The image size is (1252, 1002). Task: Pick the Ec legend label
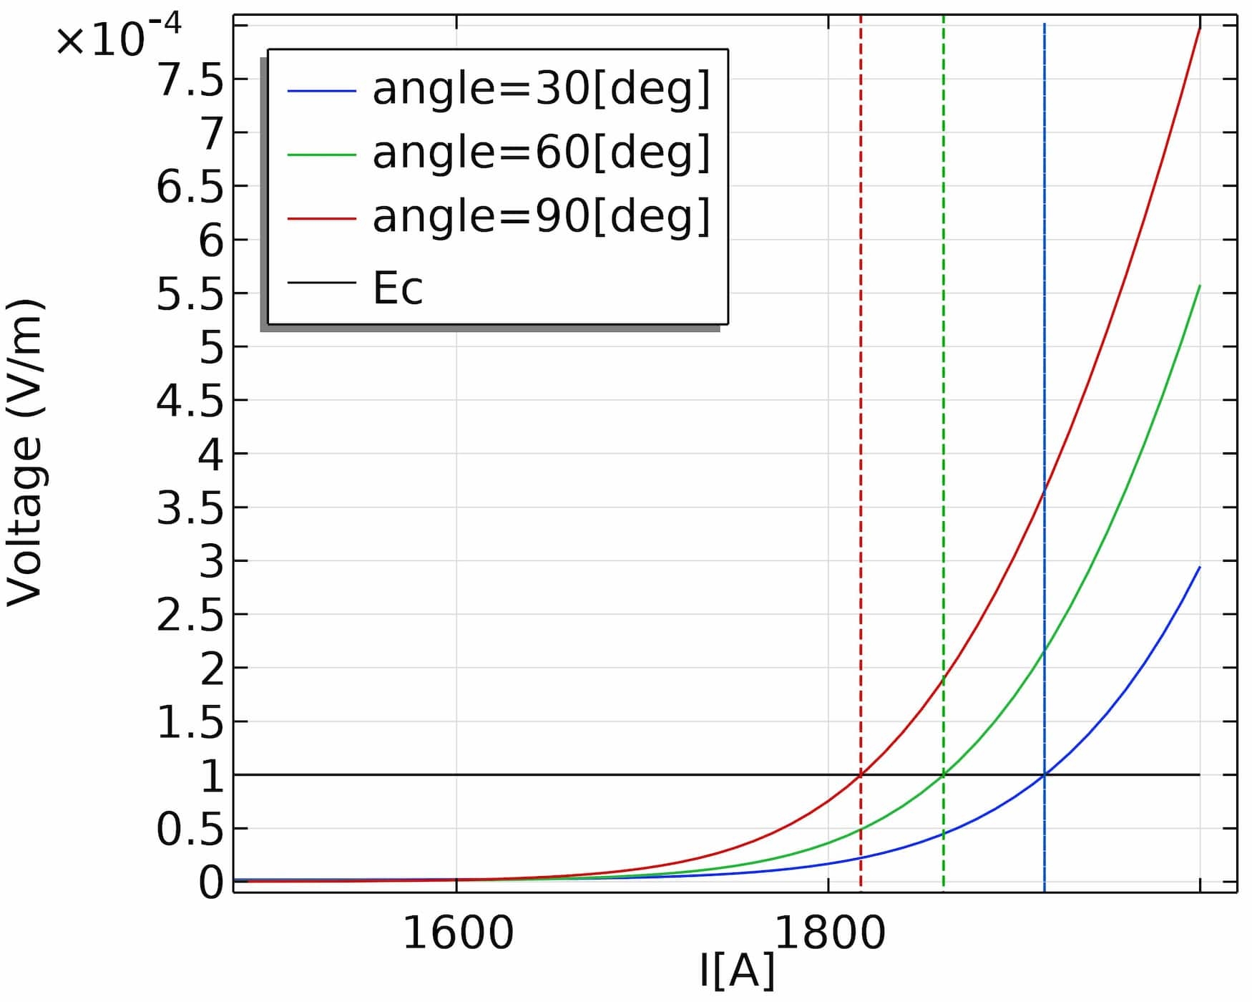coord(398,288)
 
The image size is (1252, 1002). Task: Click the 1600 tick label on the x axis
coord(458,933)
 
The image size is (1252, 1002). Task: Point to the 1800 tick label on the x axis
coord(829,933)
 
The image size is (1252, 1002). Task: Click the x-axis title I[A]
coord(737,971)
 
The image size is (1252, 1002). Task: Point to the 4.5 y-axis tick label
coord(190,400)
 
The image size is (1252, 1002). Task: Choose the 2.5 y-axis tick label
coord(190,614)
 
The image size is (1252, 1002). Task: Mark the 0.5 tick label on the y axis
coord(190,829)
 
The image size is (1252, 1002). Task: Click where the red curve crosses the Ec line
coord(860,774)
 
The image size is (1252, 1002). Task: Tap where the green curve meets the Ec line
coord(944,774)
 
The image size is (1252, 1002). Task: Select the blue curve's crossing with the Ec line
coord(1045,774)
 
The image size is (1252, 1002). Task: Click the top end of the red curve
coord(1200,27)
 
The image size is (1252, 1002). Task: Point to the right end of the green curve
coord(1200,286)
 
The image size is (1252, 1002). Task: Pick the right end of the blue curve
coord(1200,568)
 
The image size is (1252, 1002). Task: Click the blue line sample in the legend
coord(321,91)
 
